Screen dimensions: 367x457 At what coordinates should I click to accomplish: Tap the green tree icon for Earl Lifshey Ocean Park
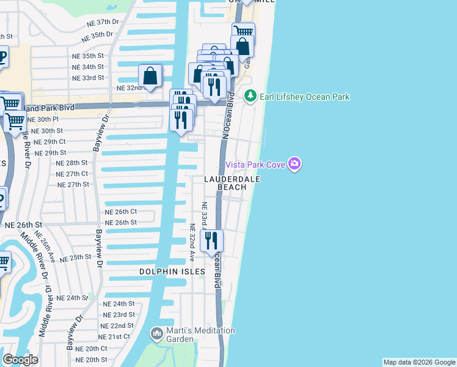[x=250, y=96]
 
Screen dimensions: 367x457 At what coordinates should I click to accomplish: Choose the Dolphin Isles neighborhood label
[x=172, y=271]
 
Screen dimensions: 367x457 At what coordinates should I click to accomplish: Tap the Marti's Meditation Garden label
[x=200, y=335]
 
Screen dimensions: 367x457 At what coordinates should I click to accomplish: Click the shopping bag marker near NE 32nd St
[x=150, y=76]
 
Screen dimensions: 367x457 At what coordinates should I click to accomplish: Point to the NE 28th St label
[x=72, y=163]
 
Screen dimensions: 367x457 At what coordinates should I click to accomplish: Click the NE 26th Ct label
[x=120, y=212]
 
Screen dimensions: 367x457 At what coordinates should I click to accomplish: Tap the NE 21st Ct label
[x=114, y=336]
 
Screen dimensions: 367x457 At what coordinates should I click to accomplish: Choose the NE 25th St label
[x=75, y=258]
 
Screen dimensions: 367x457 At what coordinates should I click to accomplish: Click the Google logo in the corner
[x=20, y=360]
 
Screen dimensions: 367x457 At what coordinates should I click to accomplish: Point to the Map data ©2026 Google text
[x=419, y=362]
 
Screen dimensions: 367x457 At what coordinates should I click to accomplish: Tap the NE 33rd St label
[x=89, y=78]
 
